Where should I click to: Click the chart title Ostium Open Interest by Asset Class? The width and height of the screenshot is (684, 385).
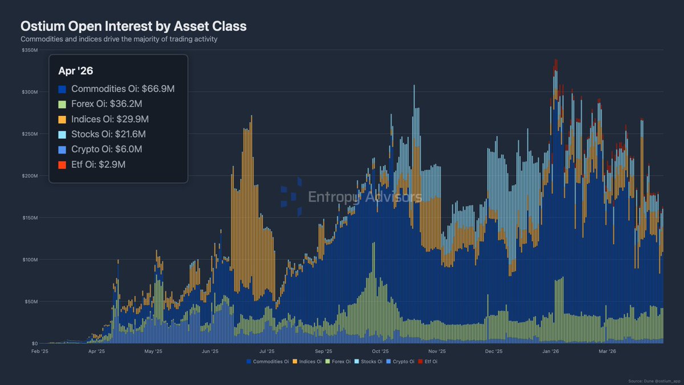pyautogui.click(x=133, y=26)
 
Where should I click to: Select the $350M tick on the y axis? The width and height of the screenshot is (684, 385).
pyautogui.click(x=30, y=50)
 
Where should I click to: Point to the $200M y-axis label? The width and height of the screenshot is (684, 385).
pyautogui.click(x=30, y=176)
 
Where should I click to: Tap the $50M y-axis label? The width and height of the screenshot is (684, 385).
pyautogui.click(x=31, y=301)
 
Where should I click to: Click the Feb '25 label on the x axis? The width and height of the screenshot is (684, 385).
pyautogui.click(x=40, y=351)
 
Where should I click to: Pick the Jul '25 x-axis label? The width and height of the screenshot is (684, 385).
pyautogui.click(x=267, y=351)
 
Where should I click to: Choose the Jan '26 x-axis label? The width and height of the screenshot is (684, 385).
pyautogui.click(x=551, y=351)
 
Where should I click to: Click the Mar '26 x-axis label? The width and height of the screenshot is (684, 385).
pyautogui.click(x=608, y=351)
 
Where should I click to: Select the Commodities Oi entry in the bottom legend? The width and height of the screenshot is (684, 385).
pyautogui.click(x=267, y=362)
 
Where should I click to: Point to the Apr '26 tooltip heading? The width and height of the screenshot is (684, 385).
pyautogui.click(x=76, y=71)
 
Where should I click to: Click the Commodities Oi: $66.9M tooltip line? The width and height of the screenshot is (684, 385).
pyautogui.click(x=116, y=89)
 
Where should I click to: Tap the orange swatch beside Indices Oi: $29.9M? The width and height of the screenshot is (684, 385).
pyautogui.click(x=62, y=119)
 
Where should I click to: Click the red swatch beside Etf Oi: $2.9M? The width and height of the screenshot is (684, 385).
pyautogui.click(x=62, y=164)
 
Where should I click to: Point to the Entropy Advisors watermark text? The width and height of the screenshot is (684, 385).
pyautogui.click(x=365, y=197)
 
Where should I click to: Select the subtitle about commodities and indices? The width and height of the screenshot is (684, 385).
pyautogui.click(x=119, y=39)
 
